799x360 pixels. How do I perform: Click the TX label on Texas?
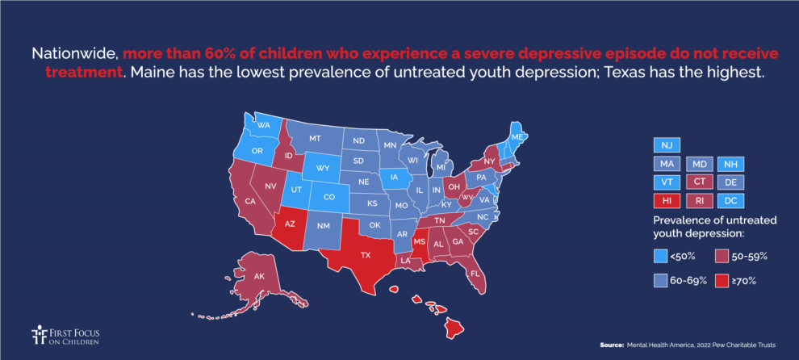365,254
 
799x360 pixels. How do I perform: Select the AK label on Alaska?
260,276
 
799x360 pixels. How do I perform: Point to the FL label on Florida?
476,274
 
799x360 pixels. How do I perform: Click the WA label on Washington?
264,126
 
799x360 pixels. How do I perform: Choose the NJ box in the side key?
666,145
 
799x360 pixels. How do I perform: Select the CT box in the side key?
699,182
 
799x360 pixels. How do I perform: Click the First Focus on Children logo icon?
37,335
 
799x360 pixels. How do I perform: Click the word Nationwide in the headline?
75,54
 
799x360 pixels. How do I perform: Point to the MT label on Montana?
315,139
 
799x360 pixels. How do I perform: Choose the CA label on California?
250,200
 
